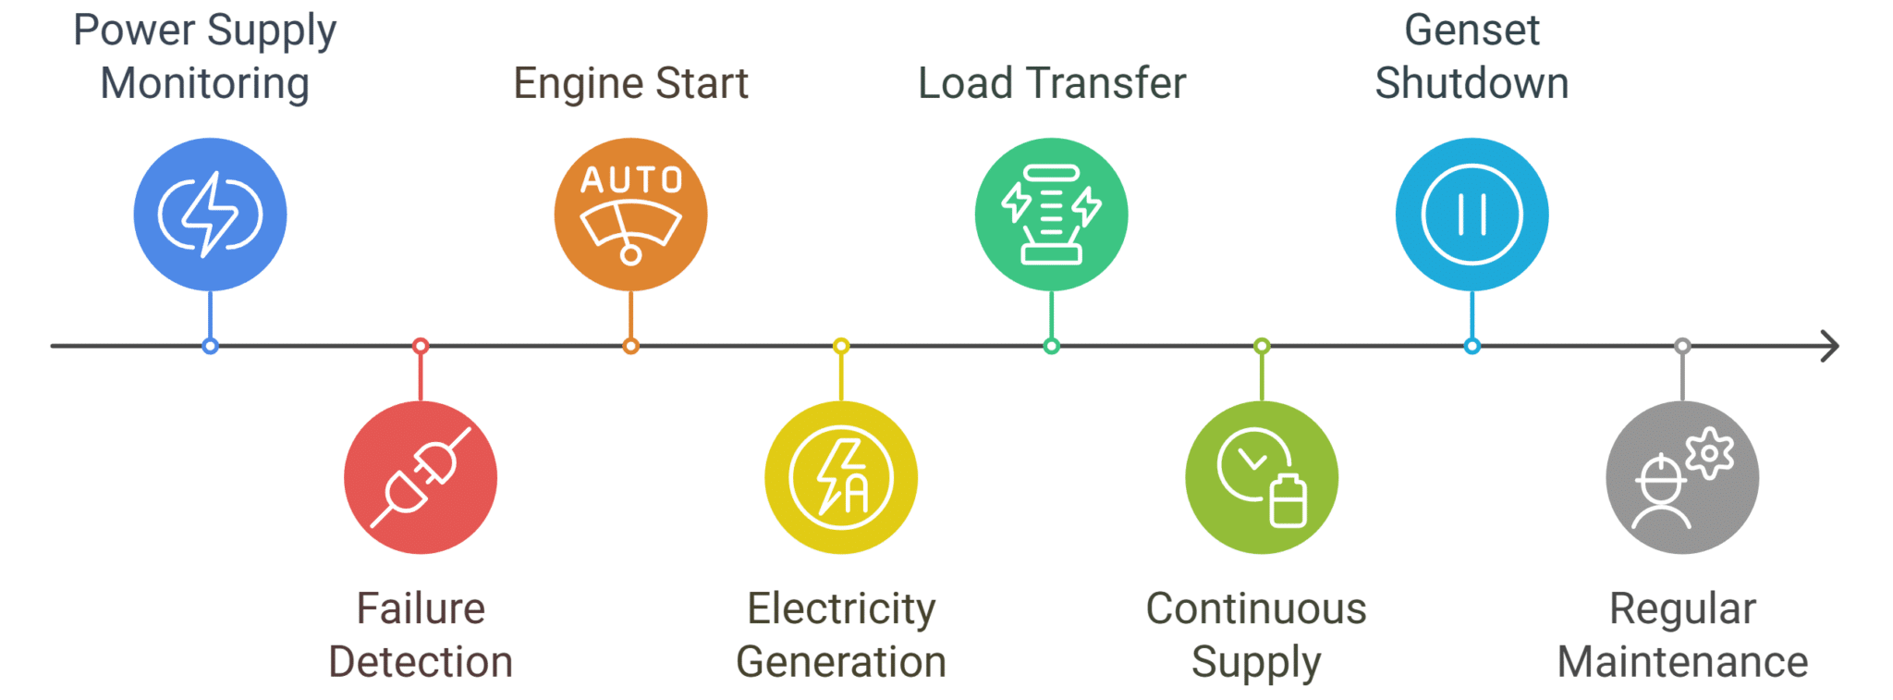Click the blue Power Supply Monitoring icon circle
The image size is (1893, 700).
point(210,215)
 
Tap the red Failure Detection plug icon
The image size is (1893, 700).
point(421,477)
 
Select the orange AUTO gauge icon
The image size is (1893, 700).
point(630,215)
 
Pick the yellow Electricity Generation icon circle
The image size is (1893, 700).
point(841,477)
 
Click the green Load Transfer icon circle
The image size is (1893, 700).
point(1051,215)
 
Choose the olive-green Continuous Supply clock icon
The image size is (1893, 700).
point(1262,477)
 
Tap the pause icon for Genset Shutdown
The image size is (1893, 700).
point(1472,215)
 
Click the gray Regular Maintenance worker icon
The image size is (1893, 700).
point(1682,477)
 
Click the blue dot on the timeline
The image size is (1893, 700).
point(210,346)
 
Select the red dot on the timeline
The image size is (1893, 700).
point(421,346)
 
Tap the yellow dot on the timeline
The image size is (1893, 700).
point(841,346)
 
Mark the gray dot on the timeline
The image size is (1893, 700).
point(1682,346)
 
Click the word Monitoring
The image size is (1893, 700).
point(204,83)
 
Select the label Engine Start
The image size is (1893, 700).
point(630,83)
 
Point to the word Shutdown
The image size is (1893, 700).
point(1472,83)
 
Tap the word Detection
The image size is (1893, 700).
point(421,662)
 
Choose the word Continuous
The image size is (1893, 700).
point(1256,608)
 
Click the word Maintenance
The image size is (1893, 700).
point(1682,662)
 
